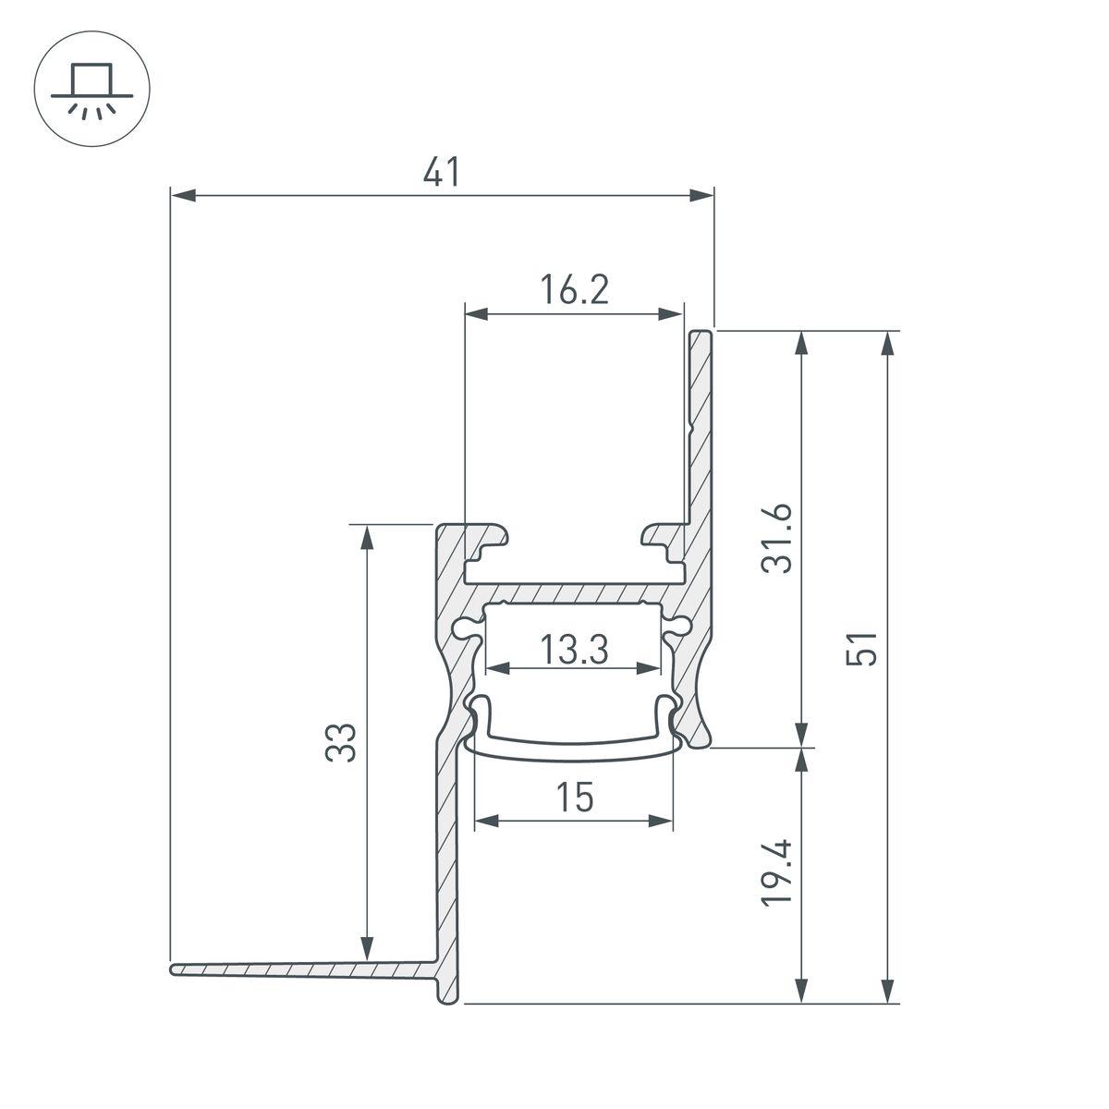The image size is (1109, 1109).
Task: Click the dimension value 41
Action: [442, 173]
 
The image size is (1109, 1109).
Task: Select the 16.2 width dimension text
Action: [574, 291]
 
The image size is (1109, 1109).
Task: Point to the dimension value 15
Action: [574, 797]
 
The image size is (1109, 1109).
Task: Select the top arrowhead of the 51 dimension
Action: [888, 342]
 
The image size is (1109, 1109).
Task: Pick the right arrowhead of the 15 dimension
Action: [662, 820]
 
